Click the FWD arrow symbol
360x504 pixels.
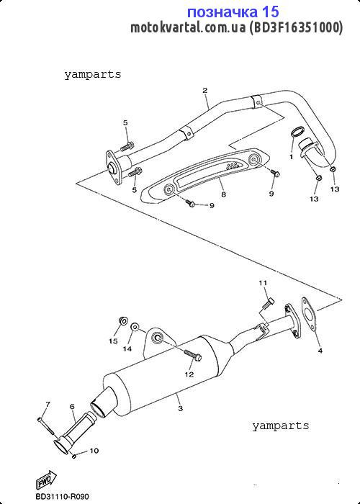coord(45,480)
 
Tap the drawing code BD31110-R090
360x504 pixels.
coord(63,497)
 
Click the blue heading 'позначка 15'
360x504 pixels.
coord(233,12)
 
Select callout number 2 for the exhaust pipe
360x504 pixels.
coord(204,90)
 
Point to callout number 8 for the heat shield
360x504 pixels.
coord(223,194)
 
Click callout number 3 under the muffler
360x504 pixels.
coord(180,408)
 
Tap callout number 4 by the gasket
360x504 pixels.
coord(320,351)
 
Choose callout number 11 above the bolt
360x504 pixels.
coord(263,283)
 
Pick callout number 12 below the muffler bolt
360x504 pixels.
coord(189,374)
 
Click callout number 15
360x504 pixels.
coord(113,341)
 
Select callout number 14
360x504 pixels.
coord(127,348)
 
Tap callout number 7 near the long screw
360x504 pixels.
coord(48,404)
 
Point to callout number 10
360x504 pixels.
coord(94,451)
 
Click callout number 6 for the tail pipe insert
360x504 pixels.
coord(72,407)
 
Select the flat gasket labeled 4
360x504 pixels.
coord(309,314)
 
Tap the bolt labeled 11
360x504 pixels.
coord(268,304)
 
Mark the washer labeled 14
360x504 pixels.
coord(135,327)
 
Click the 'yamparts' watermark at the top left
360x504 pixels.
coord(93,75)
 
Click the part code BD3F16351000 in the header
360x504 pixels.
coord(296,28)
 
